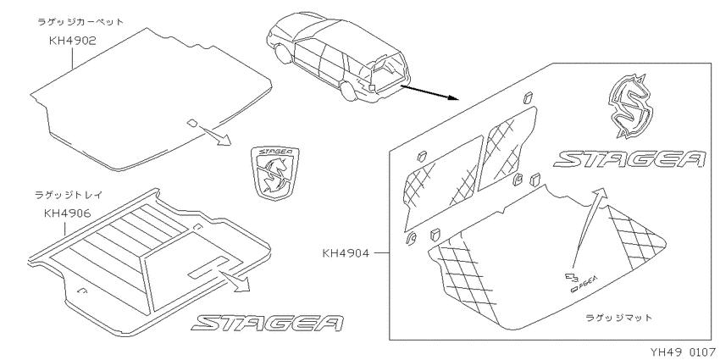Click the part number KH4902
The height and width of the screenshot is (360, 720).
73,41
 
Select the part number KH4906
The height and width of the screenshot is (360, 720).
67,213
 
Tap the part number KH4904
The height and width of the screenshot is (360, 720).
346,253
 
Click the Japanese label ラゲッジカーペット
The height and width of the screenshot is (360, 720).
80,22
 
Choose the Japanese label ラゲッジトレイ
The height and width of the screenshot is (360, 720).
69,195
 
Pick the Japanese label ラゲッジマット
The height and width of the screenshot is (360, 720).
618,318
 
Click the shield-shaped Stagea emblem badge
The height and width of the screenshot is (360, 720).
275,173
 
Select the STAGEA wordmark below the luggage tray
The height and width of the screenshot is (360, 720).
269,323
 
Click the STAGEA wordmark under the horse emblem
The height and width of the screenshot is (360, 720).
629,159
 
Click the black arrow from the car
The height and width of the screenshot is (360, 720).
429,92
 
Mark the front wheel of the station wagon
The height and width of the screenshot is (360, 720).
281,53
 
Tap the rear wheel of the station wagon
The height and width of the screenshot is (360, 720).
350,89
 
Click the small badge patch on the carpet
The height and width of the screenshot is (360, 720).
193,122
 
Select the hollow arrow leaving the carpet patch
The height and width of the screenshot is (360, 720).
214,135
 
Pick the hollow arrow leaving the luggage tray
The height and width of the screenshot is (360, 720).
235,280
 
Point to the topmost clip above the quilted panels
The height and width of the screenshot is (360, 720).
528,97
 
